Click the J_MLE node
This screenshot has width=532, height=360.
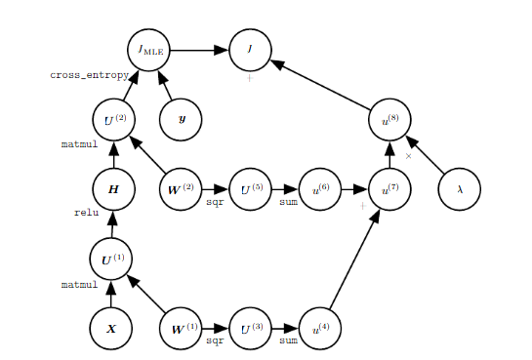pyautogui.click(x=148, y=50)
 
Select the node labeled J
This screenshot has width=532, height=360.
pyautogui.click(x=250, y=50)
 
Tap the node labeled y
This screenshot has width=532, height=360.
pyautogui.click(x=182, y=120)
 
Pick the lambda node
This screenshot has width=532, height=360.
pyautogui.click(x=460, y=189)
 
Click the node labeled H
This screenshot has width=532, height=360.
pyautogui.click(x=113, y=189)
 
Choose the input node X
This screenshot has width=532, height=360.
pyautogui.click(x=111, y=329)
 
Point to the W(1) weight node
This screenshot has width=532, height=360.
pyautogui.click(x=182, y=329)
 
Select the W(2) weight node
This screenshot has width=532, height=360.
pyautogui.click(x=182, y=189)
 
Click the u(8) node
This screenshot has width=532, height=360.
pyautogui.click(x=389, y=120)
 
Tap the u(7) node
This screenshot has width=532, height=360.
pyautogui.click(x=389, y=189)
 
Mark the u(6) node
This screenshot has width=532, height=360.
pyautogui.click(x=320, y=189)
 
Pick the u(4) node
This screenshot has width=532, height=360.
pyautogui.click(x=320, y=329)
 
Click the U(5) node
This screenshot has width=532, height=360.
pyautogui.click(x=251, y=189)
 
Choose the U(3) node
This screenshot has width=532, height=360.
pyautogui.click(x=251, y=329)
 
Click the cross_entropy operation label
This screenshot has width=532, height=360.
pyautogui.click(x=85, y=75)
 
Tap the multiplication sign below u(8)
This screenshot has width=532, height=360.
pyautogui.click(x=408, y=156)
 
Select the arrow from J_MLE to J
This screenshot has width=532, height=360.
pyautogui.click(x=199, y=50)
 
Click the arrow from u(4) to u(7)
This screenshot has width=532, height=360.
pyautogui.click(x=354, y=261)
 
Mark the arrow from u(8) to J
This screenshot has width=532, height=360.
pyautogui.click(x=320, y=85)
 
